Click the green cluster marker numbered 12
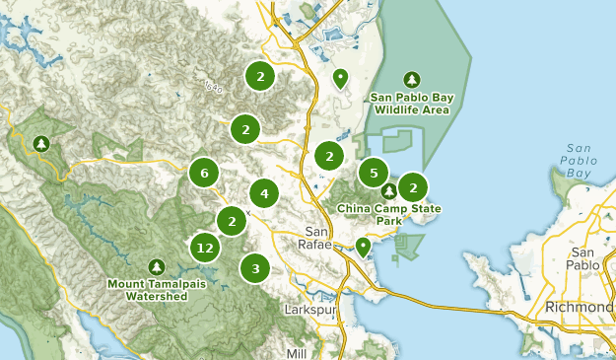pyautogui.click(x=205, y=248)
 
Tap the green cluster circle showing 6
pyautogui.click(x=204, y=173)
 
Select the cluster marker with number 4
pyautogui.click(x=264, y=193)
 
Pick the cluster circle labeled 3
pyautogui.click(x=255, y=267)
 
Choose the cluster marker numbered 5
pyautogui.click(x=373, y=173)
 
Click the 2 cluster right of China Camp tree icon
pyautogui.click(x=413, y=186)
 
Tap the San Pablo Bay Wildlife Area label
pyautogui.click(x=410, y=104)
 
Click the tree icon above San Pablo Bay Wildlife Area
pyautogui.click(x=411, y=80)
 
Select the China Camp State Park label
pyautogui.click(x=389, y=214)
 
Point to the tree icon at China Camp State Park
pyautogui.click(x=389, y=190)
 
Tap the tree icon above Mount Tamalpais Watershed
pyautogui.click(x=156, y=267)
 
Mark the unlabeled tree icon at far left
pyautogui.click(x=40, y=144)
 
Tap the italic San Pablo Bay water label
pyautogui.click(x=578, y=162)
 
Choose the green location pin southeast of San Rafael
pyautogui.click(x=364, y=246)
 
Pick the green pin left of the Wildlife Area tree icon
pyautogui.click(x=340, y=78)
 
